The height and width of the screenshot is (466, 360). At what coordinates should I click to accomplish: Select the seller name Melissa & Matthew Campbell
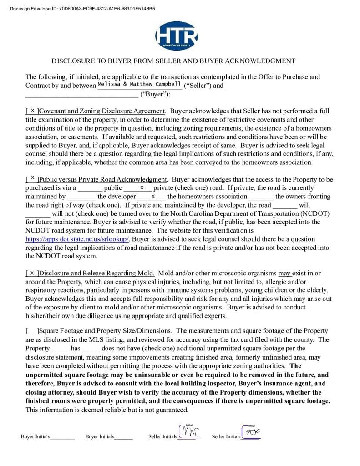(139, 84)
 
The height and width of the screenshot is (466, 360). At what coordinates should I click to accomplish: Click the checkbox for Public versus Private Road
(32, 179)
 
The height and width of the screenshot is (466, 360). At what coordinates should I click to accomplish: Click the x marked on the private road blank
(142, 187)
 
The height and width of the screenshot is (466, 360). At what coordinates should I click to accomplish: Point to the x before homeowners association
(152, 196)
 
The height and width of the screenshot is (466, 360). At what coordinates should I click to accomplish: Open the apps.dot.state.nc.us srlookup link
(77, 239)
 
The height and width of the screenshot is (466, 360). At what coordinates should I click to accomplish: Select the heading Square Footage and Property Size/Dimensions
(106, 331)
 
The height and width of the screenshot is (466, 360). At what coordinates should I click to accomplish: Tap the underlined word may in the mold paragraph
(284, 273)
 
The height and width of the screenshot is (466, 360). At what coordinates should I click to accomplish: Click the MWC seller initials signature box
(188, 432)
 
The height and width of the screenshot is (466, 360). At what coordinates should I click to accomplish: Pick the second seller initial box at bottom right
(251, 432)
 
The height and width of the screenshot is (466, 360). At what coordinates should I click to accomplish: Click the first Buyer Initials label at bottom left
(35, 436)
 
